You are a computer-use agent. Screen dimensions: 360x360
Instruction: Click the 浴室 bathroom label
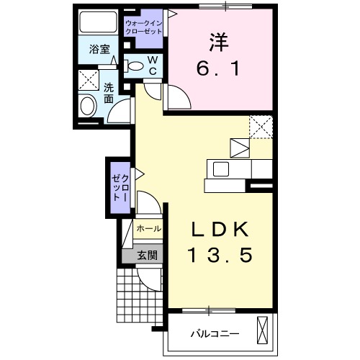tap(99, 49)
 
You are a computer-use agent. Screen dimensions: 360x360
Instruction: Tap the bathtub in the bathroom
tap(98, 22)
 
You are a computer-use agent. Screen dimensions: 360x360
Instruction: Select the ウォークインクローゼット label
tap(144, 27)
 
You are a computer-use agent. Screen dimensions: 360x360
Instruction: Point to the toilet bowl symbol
tap(133, 66)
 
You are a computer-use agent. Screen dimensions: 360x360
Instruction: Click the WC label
tap(153, 66)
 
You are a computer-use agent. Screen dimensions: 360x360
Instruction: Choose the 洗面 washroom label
tap(109, 94)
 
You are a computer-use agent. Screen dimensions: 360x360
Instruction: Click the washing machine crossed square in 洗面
tap(89, 80)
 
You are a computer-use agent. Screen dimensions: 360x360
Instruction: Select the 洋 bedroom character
tap(218, 42)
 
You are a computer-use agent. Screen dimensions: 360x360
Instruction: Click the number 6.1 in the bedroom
tap(218, 68)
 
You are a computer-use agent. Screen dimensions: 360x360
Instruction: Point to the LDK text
tap(219, 230)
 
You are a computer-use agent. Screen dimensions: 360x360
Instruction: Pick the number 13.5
tap(220, 255)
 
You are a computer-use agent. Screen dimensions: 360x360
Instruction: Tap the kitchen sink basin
tap(221, 169)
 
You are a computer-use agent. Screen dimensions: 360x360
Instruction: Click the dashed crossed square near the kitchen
tap(261, 127)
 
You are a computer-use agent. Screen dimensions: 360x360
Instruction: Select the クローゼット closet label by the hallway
tap(120, 188)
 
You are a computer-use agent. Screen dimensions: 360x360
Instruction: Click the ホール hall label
tap(149, 229)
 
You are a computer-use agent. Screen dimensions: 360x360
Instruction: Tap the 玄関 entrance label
tap(147, 256)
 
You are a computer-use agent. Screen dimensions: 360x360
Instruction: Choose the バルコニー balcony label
tap(215, 334)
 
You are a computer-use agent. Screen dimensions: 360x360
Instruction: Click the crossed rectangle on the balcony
tap(262, 330)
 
